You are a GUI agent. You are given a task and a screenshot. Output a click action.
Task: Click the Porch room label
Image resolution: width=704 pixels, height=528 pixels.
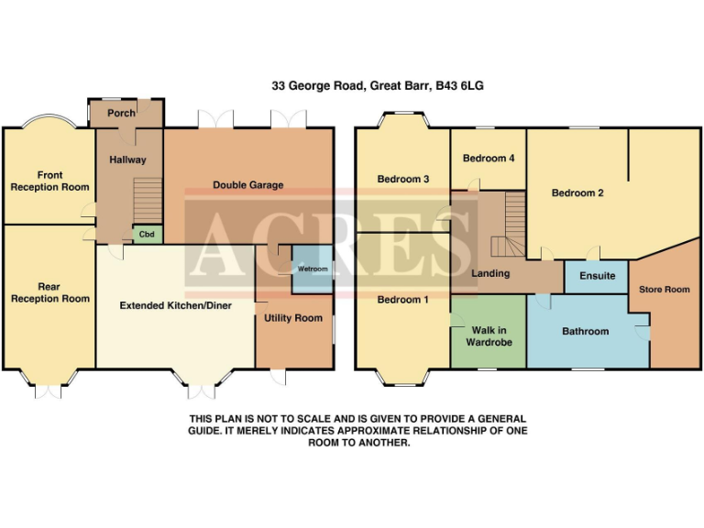click(x=121, y=113)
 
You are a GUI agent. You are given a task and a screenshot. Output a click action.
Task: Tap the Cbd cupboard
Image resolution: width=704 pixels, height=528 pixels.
click(x=146, y=234)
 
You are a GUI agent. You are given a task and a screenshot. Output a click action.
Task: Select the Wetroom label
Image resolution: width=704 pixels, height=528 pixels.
click(x=312, y=269)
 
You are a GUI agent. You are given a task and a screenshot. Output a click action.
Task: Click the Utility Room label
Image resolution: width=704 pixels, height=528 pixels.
click(x=293, y=318)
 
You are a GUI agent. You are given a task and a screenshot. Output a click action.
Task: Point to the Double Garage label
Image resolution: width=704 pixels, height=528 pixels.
click(x=247, y=185)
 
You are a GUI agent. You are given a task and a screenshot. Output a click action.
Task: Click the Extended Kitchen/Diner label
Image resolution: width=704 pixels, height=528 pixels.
click(x=174, y=305)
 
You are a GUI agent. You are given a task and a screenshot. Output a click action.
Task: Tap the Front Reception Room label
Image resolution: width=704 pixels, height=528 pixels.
click(x=49, y=181)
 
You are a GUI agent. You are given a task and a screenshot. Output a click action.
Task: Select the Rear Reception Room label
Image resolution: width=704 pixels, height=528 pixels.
click(x=49, y=292)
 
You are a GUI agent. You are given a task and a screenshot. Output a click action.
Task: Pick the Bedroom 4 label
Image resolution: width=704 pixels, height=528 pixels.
click(x=489, y=159)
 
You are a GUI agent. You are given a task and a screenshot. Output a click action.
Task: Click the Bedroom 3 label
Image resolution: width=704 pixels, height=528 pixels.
click(x=403, y=179)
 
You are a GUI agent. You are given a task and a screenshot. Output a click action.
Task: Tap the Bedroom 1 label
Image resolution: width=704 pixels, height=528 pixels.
click(x=403, y=300)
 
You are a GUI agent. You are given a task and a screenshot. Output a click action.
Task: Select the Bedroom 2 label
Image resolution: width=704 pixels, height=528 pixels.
click(x=577, y=193)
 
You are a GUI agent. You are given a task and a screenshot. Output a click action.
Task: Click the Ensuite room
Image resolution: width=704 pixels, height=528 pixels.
click(x=598, y=276)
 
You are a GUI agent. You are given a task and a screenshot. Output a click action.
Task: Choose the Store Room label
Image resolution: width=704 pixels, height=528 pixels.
click(x=664, y=290)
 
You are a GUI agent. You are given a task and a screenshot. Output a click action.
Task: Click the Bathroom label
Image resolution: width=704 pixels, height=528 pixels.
click(x=585, y=331)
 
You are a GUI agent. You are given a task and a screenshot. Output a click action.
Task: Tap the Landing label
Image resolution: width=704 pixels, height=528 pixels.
click(x=490, y=274)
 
